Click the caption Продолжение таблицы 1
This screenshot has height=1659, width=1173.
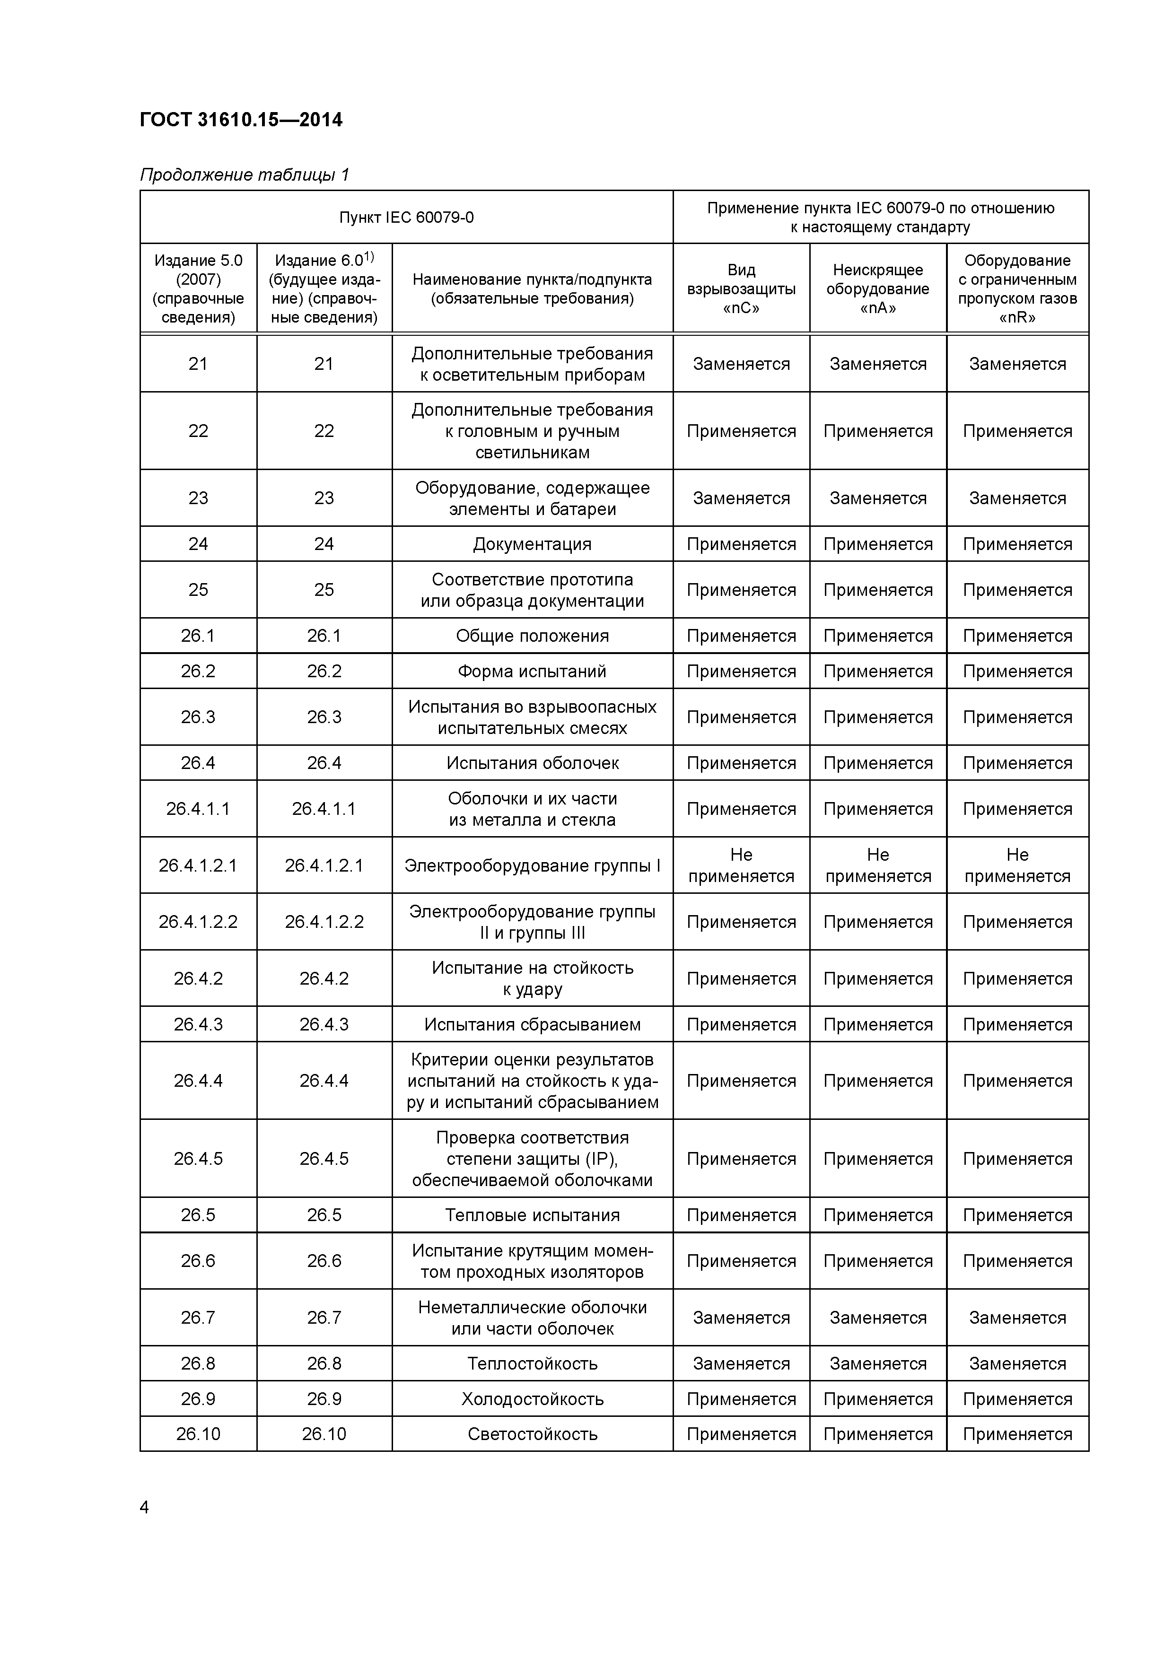click(x=244, y=175)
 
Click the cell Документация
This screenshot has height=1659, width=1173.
click(x=532, y=544)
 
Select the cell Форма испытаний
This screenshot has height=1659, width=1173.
click(x=532, y=671)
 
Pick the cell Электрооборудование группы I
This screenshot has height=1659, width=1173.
click(x=532, y=865)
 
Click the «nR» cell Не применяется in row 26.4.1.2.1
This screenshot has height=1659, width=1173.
click(x=1017, y=865)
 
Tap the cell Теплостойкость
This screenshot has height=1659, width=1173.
click(x=532, y=1363)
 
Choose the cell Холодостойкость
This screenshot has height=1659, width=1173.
click(x=532, y=1399)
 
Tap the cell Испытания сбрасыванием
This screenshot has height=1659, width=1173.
click(x=532, y=1025)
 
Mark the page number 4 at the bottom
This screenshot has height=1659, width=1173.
click(x=145, y=1507)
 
